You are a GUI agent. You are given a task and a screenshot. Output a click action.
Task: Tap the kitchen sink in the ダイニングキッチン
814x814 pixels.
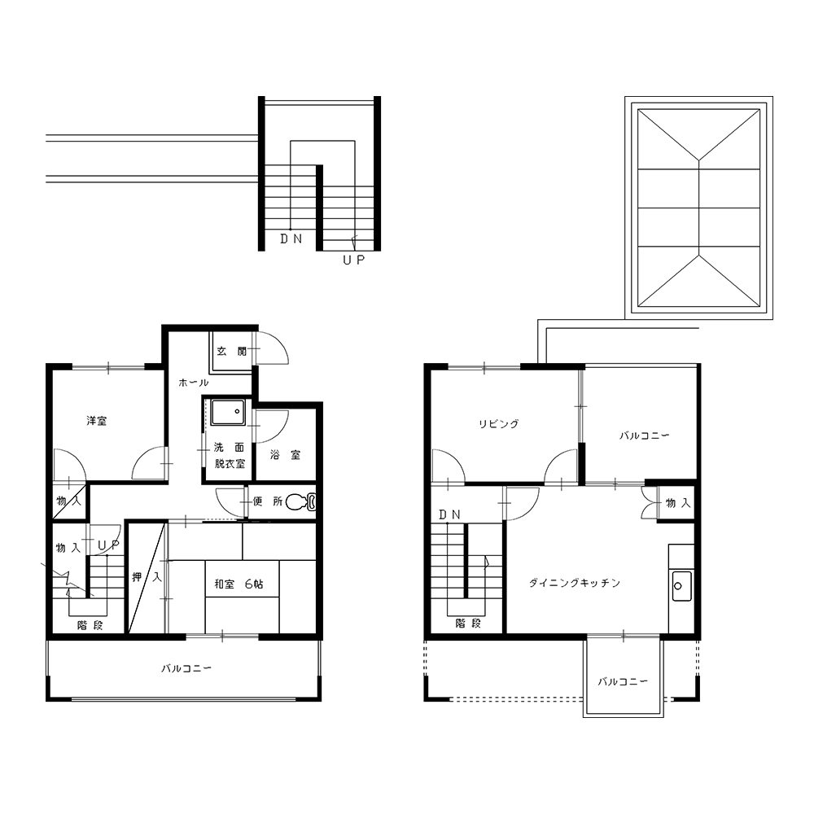coord(681,585)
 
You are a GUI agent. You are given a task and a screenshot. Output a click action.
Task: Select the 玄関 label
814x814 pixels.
coord(231,352)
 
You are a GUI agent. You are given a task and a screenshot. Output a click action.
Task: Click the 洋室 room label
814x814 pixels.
coord(97,421)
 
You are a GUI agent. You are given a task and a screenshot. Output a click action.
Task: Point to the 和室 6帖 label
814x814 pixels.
coord(239,584)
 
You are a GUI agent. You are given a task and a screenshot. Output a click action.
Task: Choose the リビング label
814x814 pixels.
coord(498,423)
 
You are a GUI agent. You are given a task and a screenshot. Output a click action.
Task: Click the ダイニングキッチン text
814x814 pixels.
coord(575,583)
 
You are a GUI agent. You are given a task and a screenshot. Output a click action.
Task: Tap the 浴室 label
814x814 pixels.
coord(285,455)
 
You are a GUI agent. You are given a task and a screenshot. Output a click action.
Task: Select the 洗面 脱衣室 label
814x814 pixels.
coord(229,455)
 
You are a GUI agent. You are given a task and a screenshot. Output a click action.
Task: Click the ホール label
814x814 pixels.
coord(193,383)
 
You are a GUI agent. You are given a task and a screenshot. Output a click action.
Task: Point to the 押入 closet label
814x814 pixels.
coord(147,577)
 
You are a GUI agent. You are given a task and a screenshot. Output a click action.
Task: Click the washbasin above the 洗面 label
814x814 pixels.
coord(228,413)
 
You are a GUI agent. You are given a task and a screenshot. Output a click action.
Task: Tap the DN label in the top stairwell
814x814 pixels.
coord(291,239)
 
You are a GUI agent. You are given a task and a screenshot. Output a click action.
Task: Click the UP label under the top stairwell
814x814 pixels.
coord(354,260)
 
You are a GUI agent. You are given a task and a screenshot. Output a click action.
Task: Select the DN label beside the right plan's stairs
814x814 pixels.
coord(449,514)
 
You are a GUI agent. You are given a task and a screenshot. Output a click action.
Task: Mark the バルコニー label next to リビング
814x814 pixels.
coord(644,435)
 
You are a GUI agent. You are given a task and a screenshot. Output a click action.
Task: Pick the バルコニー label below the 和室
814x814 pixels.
coord(186,668)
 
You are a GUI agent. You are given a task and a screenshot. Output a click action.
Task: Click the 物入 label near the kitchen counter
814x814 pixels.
coord(678,503)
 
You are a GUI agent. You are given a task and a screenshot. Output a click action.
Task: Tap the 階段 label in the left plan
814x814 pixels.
coord(90,625)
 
